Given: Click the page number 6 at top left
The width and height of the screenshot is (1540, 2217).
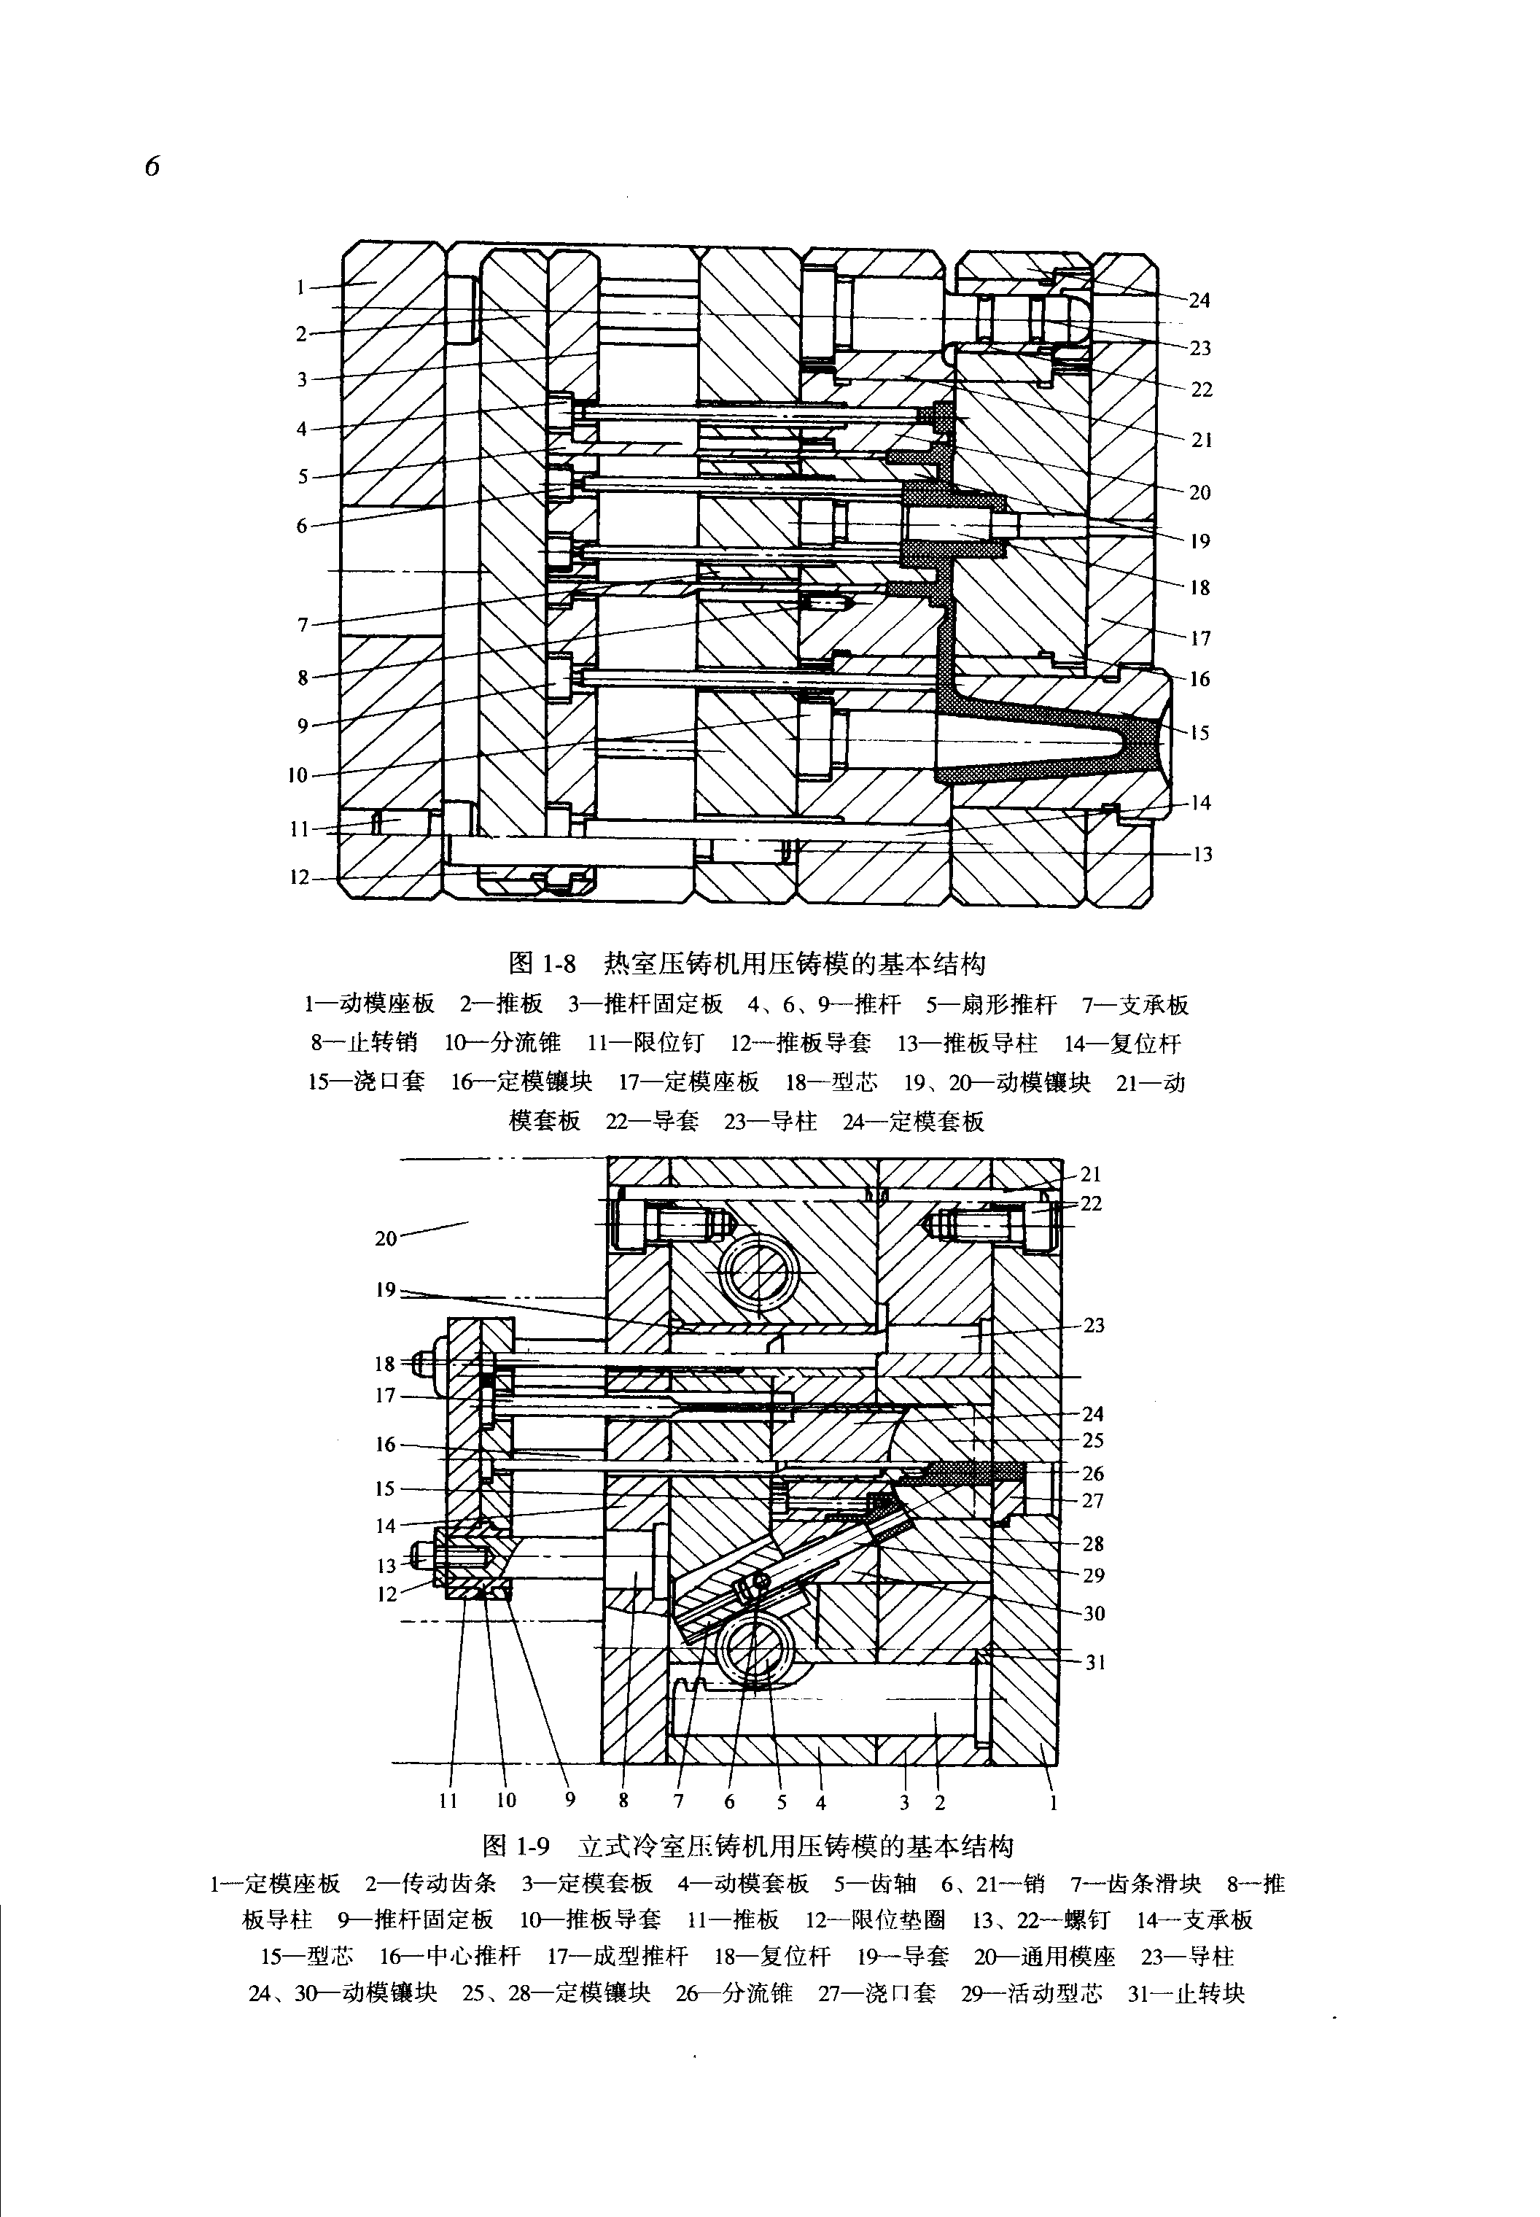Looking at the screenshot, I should pyautogui.click(x=152, y=166).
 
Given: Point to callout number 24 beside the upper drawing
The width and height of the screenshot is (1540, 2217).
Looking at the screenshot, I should pyautogui.click(x=1199, y=300).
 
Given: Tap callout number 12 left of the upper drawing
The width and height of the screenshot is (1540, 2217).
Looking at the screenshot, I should pyautogui.click(x=300, y=877).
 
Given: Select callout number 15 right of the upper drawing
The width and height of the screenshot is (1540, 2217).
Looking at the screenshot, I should pyautogui.click(x=1199, y=733).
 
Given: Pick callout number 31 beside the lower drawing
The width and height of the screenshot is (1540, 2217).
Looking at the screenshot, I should pyautogui.click(x=1094, y=1662).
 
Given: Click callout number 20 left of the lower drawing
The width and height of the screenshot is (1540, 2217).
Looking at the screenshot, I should pyautogui.click(x=386, y=1238).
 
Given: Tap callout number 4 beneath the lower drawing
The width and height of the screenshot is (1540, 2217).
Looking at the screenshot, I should pyautogui.click(x=820, y=1801).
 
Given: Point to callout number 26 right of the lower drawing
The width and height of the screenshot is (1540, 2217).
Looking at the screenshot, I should pyautogui.click(x=1092, y=1474).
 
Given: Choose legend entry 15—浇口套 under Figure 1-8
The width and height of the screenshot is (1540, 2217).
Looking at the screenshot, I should pyautogui.click(x=366, y=1082).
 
